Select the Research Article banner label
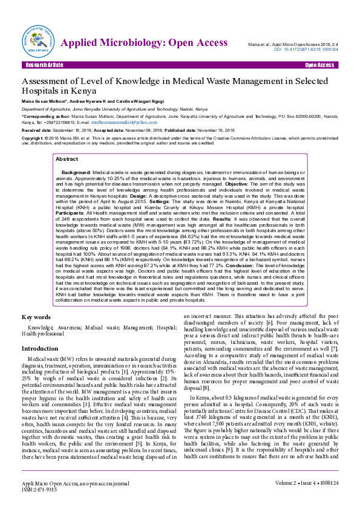pos(42,65)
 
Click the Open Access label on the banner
pos(320,65)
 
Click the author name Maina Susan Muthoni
pos(44,101)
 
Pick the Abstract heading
pos(67,159)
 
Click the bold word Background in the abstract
pos(76,172)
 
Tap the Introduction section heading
pos(40,348)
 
